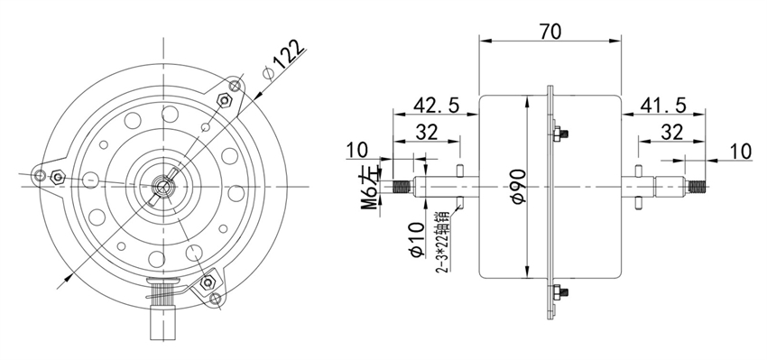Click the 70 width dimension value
coord(550,31)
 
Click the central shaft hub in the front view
coord(163,187)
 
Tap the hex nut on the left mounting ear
coord(56,177)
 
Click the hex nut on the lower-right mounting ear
coord(211,282)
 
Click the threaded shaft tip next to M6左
coord(401,188)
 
